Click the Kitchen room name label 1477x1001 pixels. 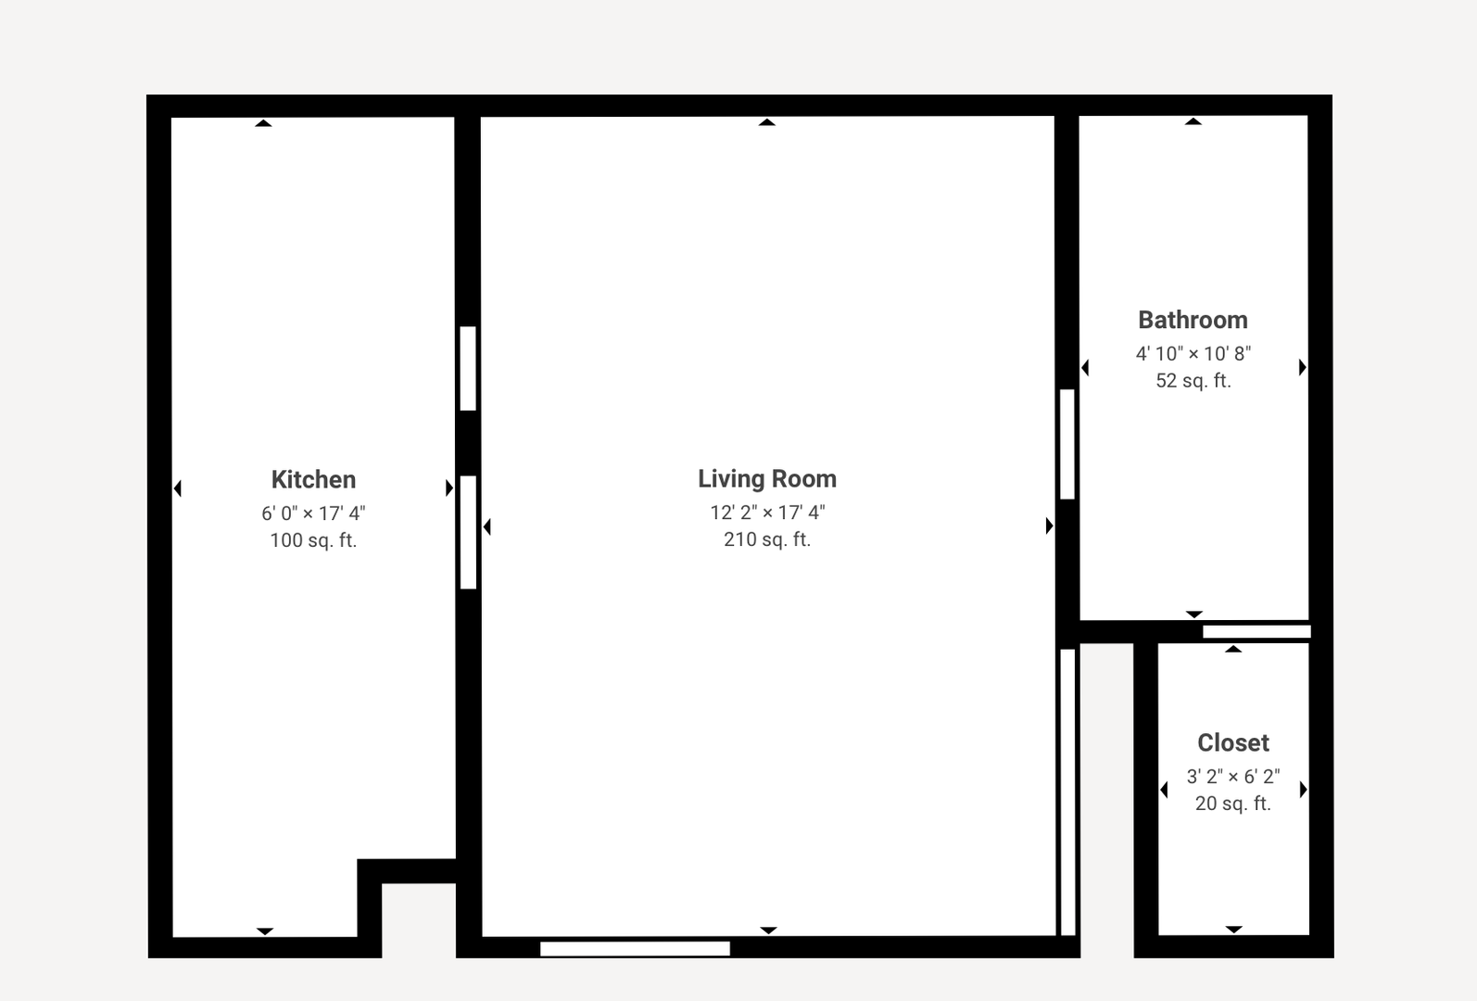[313, 479]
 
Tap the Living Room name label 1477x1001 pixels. [767, 479]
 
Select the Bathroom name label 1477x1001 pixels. [1193, 320]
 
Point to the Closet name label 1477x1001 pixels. [1233, 742]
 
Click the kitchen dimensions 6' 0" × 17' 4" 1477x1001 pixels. [313, 513]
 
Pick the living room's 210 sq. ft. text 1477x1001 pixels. [767, 539]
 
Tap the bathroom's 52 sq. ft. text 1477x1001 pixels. [1193, 381]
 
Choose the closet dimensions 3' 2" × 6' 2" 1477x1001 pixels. [1233, 776]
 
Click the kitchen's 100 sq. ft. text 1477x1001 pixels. [313, 540]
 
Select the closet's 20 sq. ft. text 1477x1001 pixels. [1233, 804]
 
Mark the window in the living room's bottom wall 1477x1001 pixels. [635, 948]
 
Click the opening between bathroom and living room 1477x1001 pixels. [1067, 444]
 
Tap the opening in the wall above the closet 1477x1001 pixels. [1256, 632]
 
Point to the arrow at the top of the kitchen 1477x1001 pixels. [263, 122]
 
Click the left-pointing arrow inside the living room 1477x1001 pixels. [486, 526]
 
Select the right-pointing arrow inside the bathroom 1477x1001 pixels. [1302, 367]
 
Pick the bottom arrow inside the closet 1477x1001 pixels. [1233, 929]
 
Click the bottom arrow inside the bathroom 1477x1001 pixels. [1194, 614]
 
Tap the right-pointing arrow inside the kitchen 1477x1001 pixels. [449, 488]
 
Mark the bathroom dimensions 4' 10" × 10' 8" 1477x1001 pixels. [1193, 353]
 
